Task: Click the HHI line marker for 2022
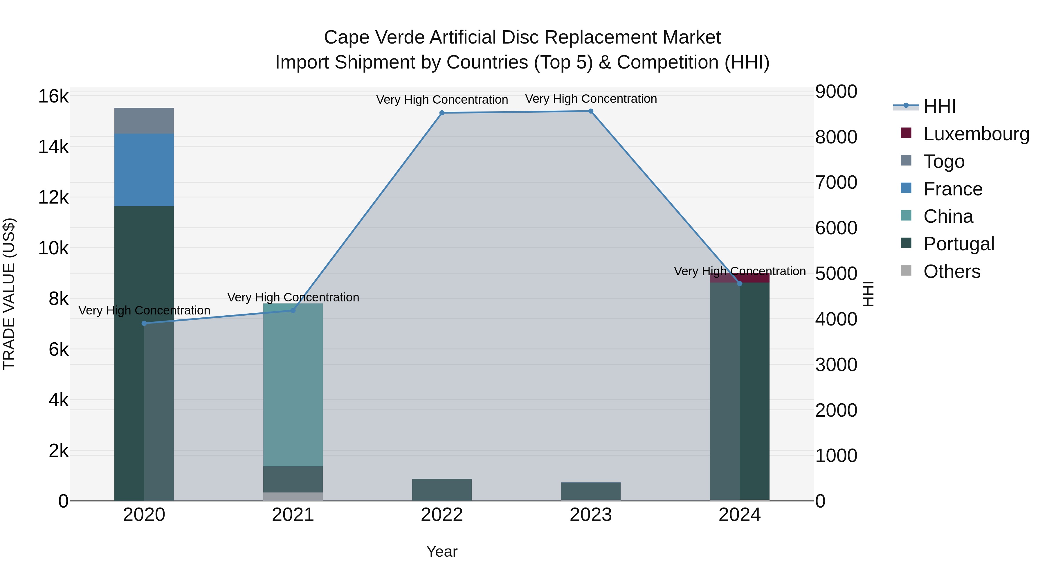442,113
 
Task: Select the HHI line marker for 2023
591,111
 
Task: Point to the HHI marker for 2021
293,310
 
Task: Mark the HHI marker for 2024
740,284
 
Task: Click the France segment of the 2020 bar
144,170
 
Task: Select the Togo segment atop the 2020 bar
144,121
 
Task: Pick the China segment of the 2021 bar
293,385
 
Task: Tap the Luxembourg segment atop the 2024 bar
754,278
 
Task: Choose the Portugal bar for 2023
591,491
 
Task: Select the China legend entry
948,216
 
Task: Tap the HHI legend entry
939,106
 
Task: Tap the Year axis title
442,551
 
